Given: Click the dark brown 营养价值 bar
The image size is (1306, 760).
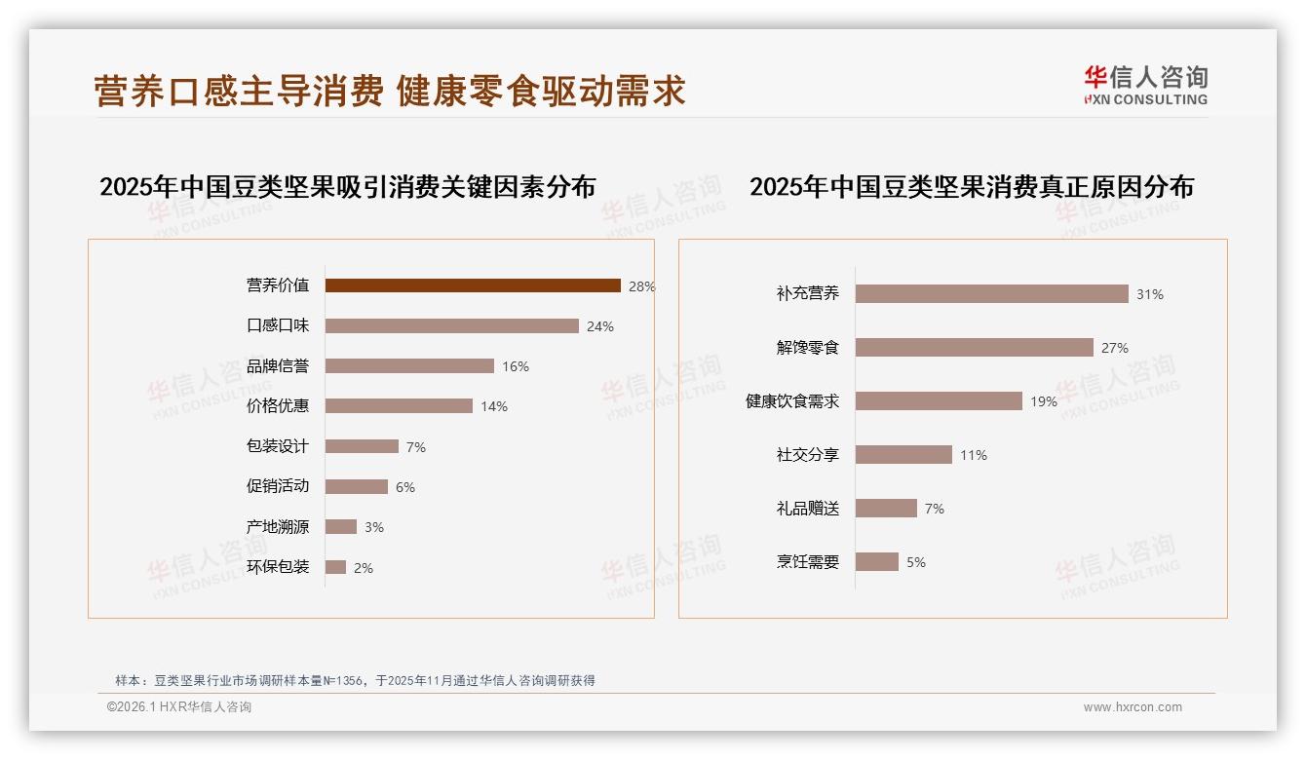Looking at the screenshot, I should pos(473,285).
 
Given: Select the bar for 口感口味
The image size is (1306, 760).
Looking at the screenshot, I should pos(451,326).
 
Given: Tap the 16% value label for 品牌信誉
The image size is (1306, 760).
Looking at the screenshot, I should pos(516,366).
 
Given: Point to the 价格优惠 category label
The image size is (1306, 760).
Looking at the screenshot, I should pos(278,406).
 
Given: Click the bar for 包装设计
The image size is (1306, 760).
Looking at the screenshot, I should pos(362,446).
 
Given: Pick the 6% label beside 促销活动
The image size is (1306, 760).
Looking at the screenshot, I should pos(405,487).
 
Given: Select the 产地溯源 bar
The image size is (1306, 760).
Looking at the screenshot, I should pos(341,527).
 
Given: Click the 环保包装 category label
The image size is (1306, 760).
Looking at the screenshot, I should pos(278,567).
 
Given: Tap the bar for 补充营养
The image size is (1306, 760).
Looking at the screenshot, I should pos(991,294).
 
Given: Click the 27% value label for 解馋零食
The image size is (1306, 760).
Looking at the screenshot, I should pos(1115,348).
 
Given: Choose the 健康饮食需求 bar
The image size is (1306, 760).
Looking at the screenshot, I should pos(939,401).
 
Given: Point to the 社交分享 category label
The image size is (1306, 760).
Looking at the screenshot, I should pos(808,455).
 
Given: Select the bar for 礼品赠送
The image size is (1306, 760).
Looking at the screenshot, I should pos(886,509).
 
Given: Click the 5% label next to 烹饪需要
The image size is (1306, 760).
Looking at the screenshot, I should pos(916,562).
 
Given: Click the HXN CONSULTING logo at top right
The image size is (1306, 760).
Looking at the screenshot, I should pos(1145,86).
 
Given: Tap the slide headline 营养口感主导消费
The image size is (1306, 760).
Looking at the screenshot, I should pos(239,92).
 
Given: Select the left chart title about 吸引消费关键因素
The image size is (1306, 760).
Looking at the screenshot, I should pos(347,187).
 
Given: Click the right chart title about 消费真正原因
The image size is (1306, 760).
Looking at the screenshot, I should pos(971,187).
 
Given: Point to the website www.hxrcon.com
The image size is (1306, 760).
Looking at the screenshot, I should pos(1133,707).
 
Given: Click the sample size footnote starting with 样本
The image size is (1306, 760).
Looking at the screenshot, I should pos(355,681).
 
